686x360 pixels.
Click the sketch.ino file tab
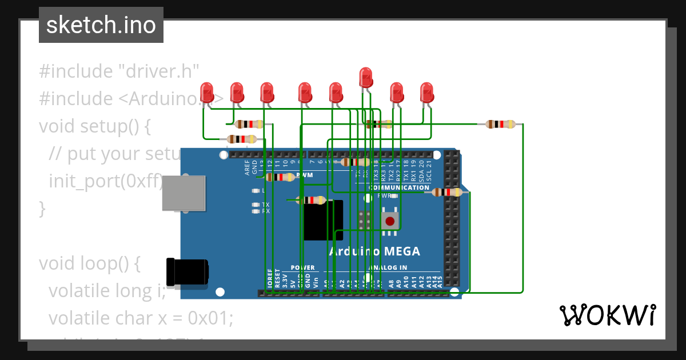click(101, 25)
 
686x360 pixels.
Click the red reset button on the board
click(390, 221)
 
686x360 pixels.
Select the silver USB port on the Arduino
click(184, 193)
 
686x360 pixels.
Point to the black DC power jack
click(186, 273)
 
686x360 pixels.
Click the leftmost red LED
click(207, 93)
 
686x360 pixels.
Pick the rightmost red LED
click(426, 93)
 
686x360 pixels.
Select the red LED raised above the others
click(366, 77)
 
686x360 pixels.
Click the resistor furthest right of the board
click(500, 124)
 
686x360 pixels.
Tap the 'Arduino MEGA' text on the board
click(374, 251)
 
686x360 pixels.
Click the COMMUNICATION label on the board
click(399, 187)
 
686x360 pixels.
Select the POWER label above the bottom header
click(302, 267)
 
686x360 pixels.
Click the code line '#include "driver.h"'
click(119, 71)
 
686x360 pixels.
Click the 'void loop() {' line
click(89, 263)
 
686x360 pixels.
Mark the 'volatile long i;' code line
click(107, 291)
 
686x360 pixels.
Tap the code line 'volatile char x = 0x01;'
click(141, 318)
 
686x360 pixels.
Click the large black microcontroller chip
click(323, 221)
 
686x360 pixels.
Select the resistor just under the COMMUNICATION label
click(447, 193)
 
